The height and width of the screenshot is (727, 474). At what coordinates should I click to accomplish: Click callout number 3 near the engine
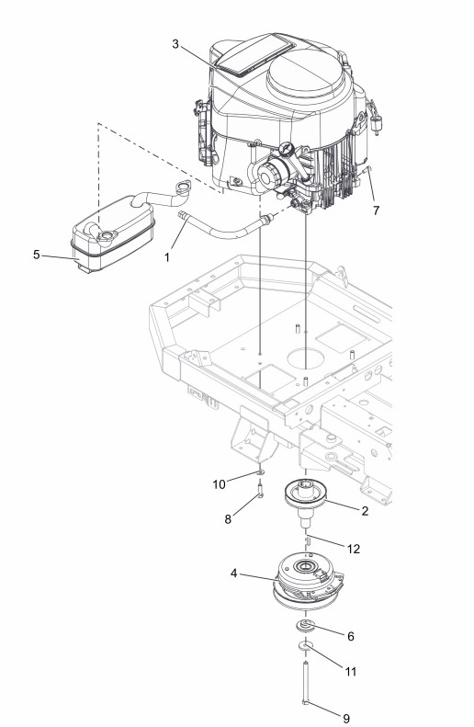pos(175,44)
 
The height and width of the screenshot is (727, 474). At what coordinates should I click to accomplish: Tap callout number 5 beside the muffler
pos(36,255)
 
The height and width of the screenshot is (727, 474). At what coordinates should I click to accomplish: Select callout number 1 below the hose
pos(167,257)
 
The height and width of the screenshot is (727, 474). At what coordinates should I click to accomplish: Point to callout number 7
pos(376,210)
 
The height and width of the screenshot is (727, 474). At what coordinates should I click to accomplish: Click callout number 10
pos(219,484)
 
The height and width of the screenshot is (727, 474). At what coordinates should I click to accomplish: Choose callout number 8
pos(228,519)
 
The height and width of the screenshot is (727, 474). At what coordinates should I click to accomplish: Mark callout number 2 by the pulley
pos(365,511)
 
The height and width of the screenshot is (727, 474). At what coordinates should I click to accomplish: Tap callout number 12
pos(354,549)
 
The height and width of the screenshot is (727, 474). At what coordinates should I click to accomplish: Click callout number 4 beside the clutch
pos(234,574)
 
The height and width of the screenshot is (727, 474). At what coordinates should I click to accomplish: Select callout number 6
pos(351,637)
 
